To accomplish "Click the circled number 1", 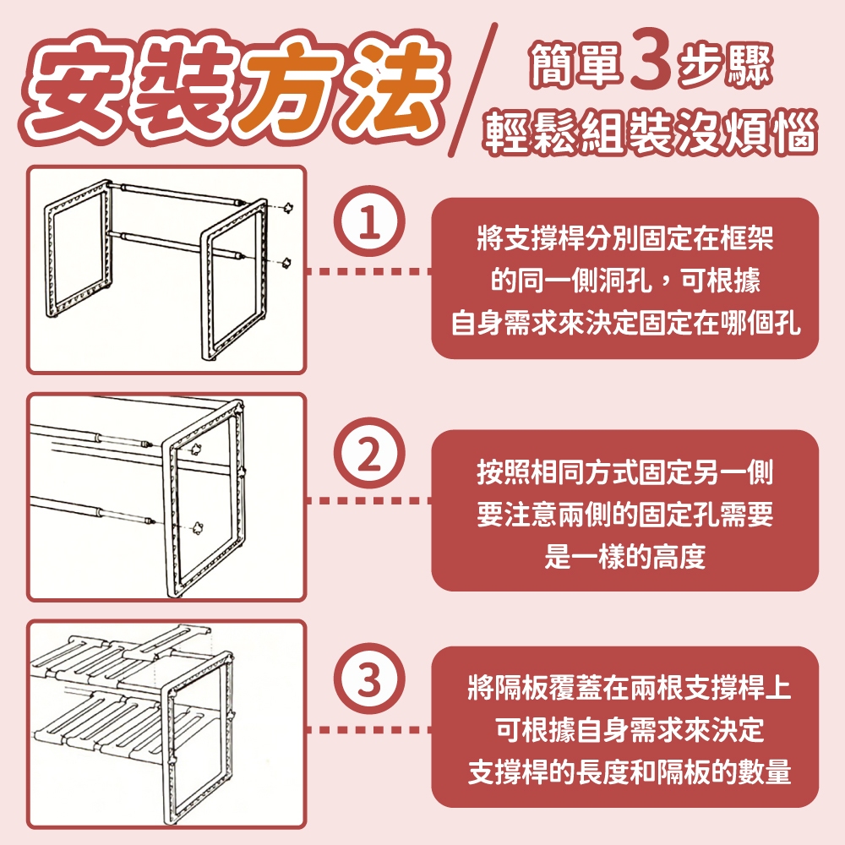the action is tap(369, 221).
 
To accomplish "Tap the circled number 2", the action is tap(369, 454).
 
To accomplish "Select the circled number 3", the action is tap(369, 679).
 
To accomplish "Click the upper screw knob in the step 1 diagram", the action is tap(289, 208).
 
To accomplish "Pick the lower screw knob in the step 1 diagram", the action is tap(286, 263).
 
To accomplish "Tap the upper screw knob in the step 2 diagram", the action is tap(197, 450).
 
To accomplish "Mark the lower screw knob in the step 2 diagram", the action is tap(198, 527).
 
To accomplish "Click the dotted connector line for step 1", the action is tap(369, 271).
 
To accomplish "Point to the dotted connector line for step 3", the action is tap(369, 730).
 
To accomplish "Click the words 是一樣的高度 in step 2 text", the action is tap(625, 556).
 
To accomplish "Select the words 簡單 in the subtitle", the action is tap(575, 66).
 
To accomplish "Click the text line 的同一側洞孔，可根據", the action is tap(625, 281).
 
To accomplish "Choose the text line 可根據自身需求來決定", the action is tap(630, 730).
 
